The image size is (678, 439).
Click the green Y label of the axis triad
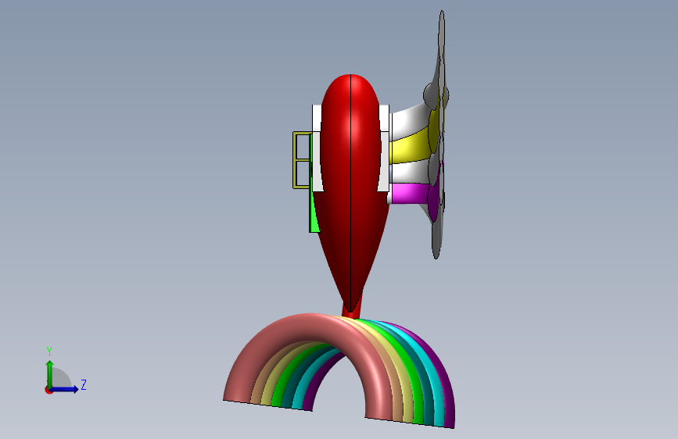(49, 352)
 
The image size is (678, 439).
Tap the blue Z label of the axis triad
(84, 384)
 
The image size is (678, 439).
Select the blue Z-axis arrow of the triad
(65, 389)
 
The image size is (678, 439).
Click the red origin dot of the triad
(48, 390)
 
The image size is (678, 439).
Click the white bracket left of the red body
(317, 148)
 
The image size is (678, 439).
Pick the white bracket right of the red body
(384, 148)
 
